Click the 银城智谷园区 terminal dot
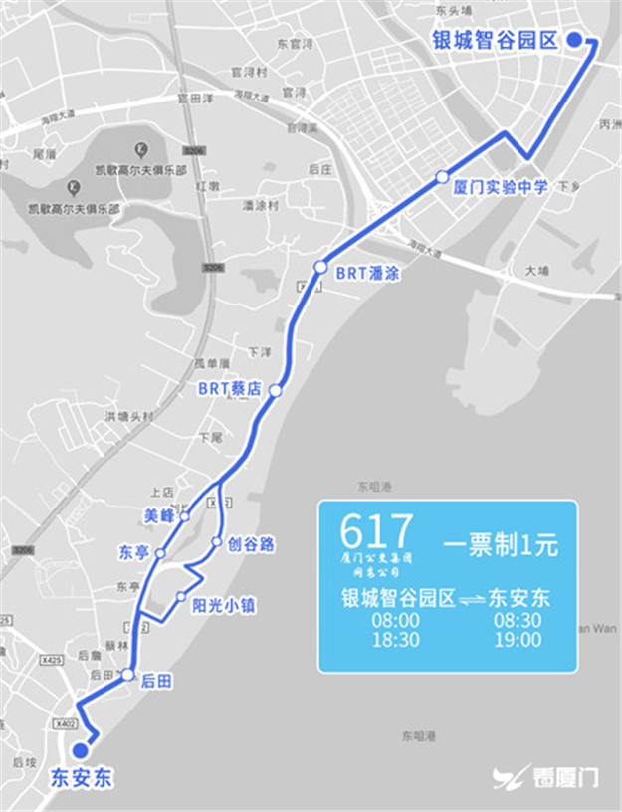(x=574, y=40)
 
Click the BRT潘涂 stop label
(x=367, y=273)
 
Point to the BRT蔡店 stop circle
(x=276, y=391)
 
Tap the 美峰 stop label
(x=159, y=515)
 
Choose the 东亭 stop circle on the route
(x=159, y=553)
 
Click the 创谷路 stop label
(x=252, y=544)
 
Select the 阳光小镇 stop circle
(x=181, y=597)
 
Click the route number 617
(x=375, y=532)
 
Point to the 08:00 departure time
(x=394, y=620)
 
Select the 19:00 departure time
(x=518, y=640)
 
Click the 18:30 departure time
(x=394, y=640)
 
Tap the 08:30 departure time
(x=518, y=620)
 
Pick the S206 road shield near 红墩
(x=195, y=150)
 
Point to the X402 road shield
(x=67, y=723)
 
